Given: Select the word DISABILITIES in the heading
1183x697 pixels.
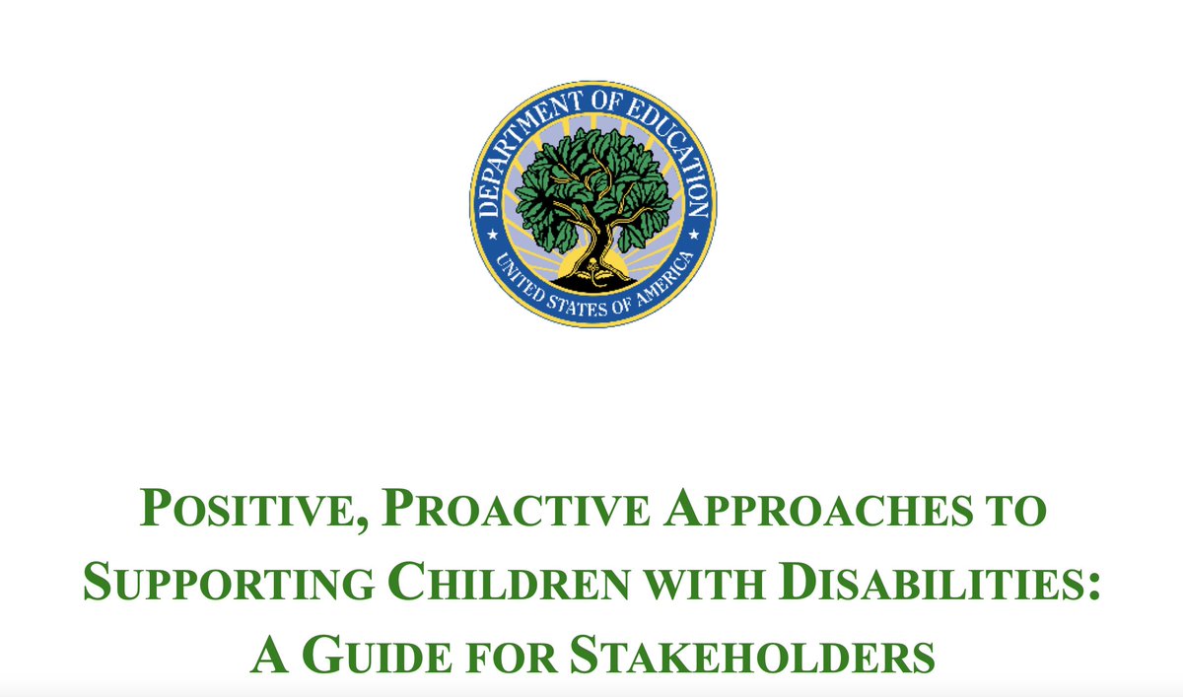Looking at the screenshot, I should [922, 582].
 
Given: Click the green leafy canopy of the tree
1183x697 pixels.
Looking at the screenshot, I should [591, 177].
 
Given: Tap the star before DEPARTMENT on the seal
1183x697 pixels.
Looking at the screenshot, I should [491, 237].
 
